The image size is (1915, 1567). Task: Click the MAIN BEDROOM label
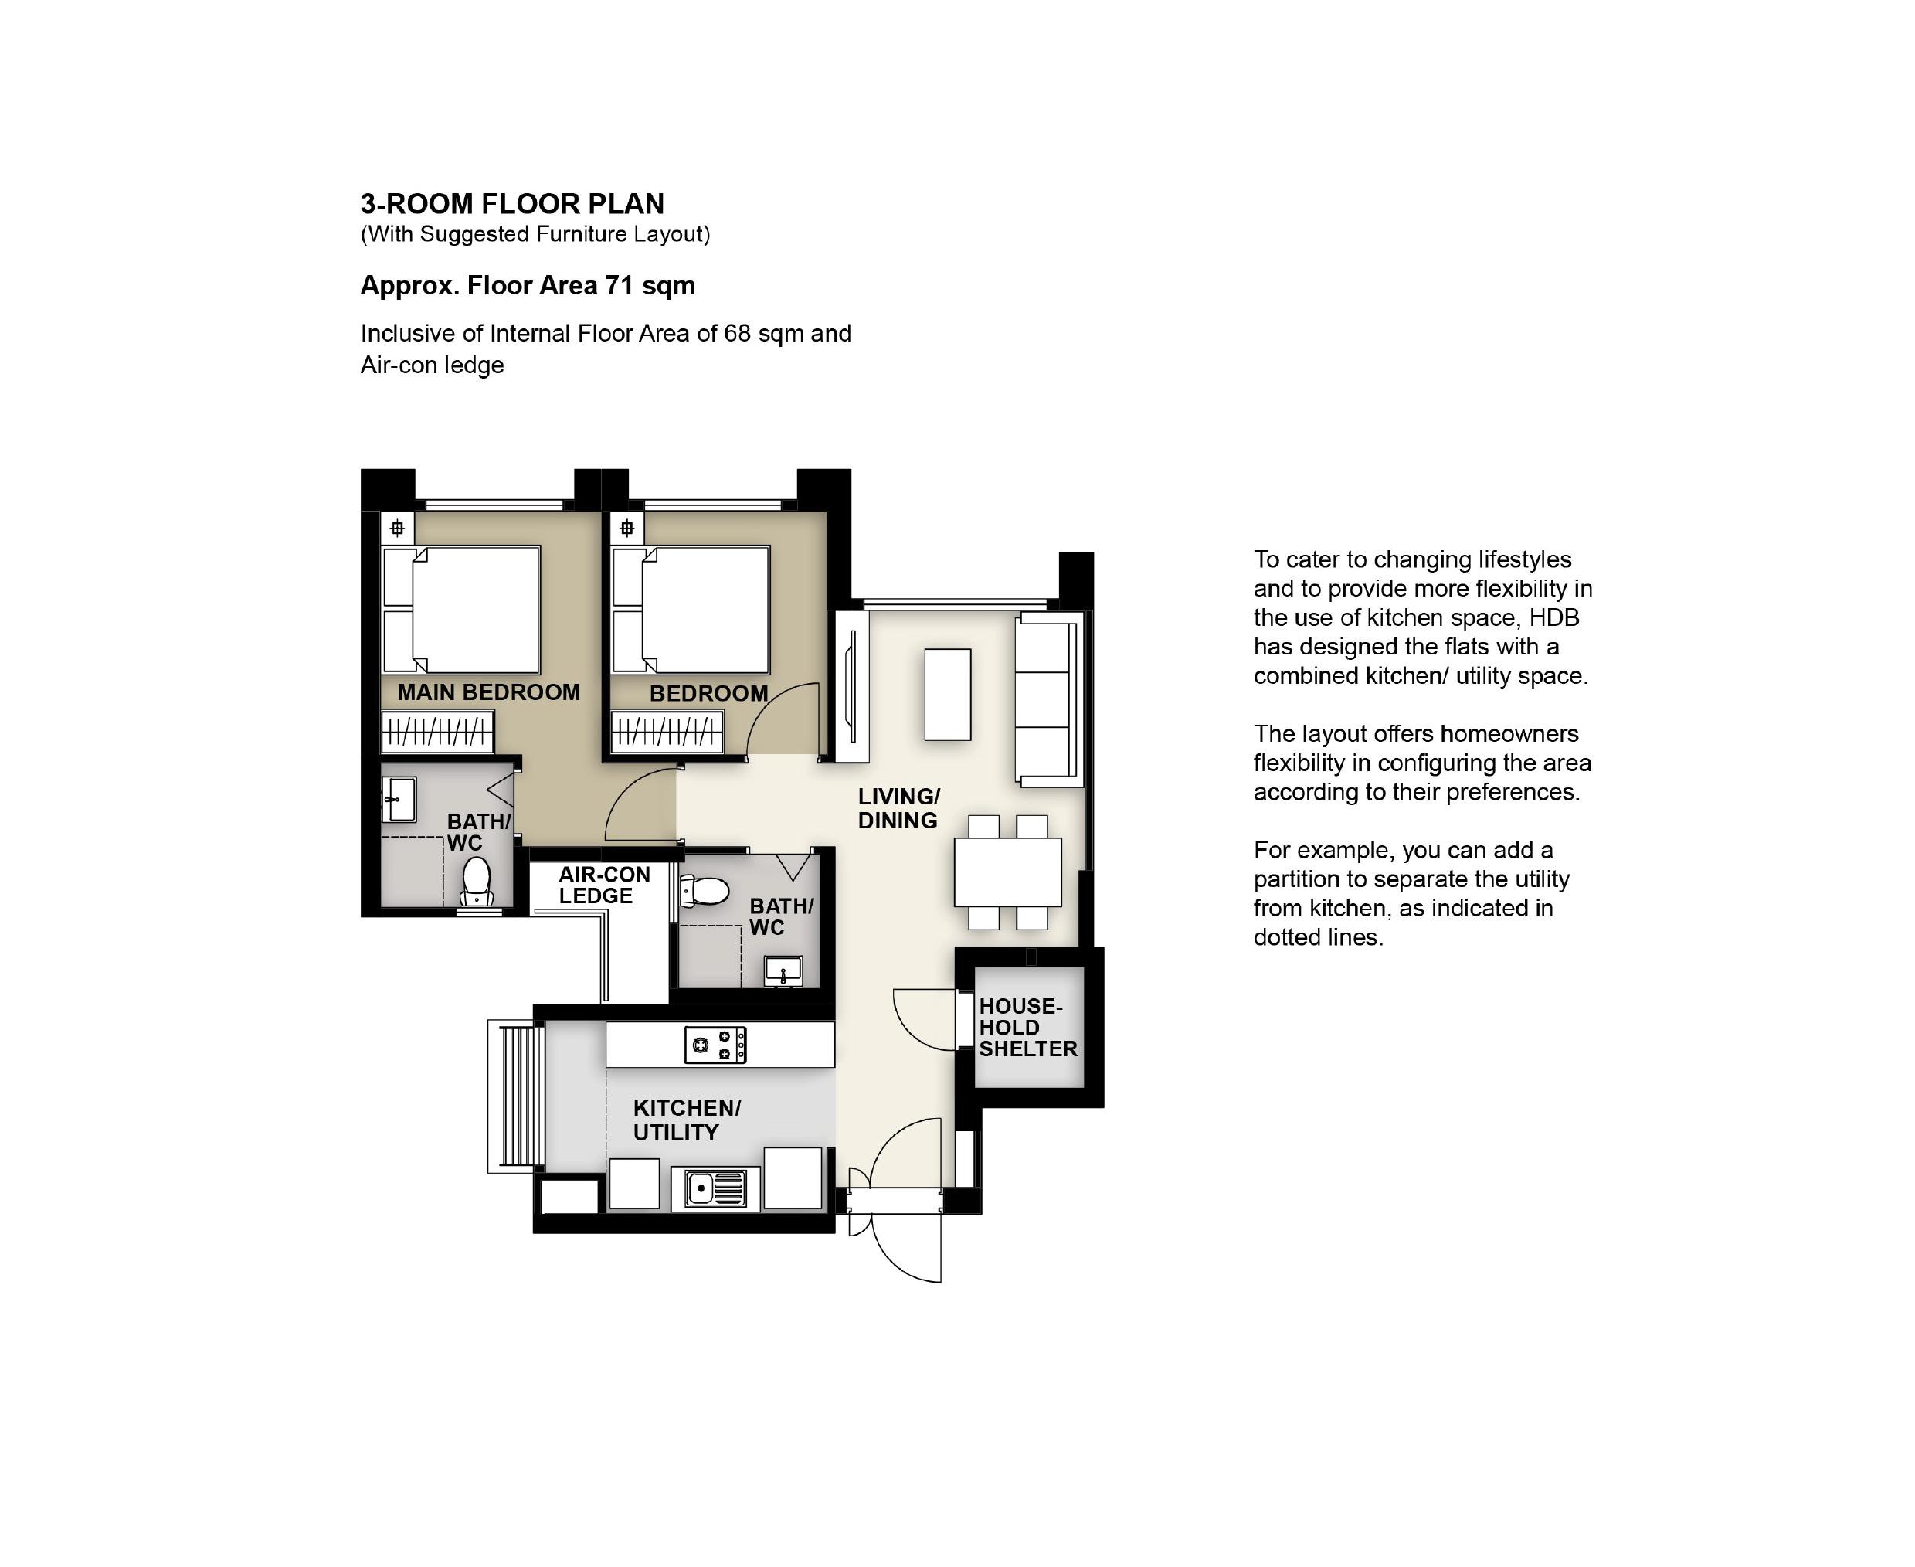click(x=488, y=692)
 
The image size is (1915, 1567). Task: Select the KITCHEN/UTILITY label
click(x=687, y=1120)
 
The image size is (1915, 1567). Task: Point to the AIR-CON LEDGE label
click(x=604, y=885)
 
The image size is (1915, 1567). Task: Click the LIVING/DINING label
click(x=899, y=809)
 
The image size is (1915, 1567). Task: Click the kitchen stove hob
click(x=715, y=1045)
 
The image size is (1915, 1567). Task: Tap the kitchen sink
click(x=715, y=1188)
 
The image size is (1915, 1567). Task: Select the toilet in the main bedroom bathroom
click(x=477, y=881)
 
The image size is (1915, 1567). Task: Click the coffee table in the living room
click(x=948, y=694)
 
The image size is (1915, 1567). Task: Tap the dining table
click(x=1008, y=872)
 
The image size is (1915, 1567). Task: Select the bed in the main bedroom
click(x=461, y=610)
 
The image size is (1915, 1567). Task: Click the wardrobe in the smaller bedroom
click(x=667, y=732)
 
